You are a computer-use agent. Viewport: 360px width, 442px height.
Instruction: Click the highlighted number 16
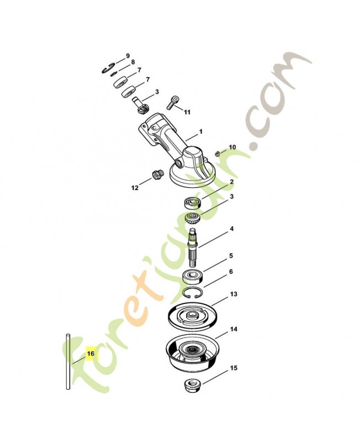point(91,353)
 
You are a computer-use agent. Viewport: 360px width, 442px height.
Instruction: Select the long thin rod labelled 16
point(68,361)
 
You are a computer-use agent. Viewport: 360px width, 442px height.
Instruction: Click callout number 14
point(234,329)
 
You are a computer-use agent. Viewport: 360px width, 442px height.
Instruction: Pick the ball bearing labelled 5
point(193,276)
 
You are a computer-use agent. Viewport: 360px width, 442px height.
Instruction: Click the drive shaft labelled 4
point(193,247)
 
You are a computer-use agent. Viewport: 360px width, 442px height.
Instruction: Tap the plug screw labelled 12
point(158,175)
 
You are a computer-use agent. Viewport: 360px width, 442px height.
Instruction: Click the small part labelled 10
point(217,154)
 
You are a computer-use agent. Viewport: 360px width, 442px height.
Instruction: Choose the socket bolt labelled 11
point(173,103)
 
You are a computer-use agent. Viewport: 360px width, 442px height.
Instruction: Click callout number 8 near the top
point(133,62)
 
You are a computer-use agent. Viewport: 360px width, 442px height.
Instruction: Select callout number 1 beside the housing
point(201,131)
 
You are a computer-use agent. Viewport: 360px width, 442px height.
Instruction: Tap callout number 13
point(234,294)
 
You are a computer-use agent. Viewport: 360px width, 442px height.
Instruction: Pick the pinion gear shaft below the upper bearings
point(140,105)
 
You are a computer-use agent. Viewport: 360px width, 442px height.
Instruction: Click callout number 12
point(135,187)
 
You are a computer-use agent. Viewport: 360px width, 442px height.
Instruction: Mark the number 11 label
point(187,112)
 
